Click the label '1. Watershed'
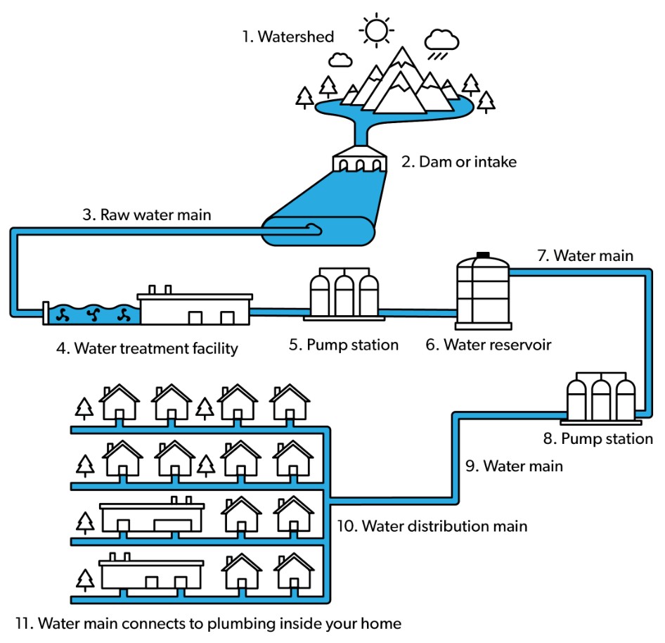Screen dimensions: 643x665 (288, 37)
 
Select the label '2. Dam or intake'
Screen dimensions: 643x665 (459, 162)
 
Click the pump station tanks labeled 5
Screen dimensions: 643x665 (344, 293)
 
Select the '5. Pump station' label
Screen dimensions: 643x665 (344, 345)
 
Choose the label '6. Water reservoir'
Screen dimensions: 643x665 (488, 345)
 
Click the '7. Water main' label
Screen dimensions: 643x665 (586, 255)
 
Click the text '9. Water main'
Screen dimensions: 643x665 (514, 466)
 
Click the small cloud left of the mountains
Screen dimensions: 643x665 (340, 60)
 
